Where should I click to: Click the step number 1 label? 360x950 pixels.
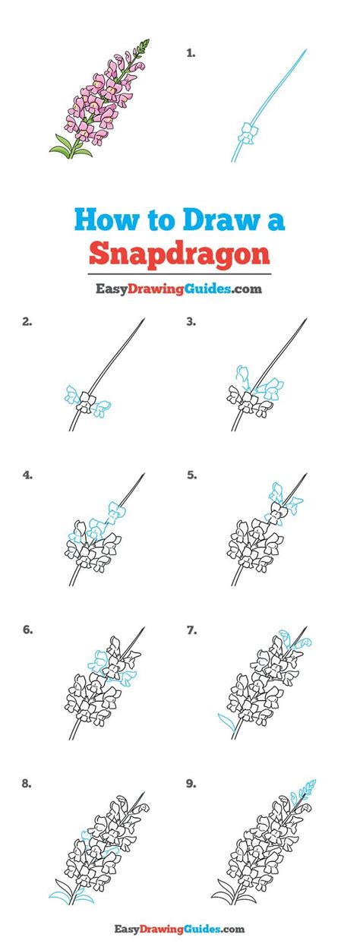191,53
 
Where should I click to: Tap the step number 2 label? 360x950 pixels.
27,322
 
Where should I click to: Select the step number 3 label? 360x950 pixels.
191,322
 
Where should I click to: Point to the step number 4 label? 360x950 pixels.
27,475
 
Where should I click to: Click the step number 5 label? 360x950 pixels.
191,475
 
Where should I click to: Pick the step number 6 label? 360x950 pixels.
27,629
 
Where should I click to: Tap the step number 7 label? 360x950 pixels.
191,629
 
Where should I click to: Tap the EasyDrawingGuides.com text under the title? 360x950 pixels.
179,289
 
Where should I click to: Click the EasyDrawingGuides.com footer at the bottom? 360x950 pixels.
179,928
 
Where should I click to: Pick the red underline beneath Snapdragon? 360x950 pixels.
179,272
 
